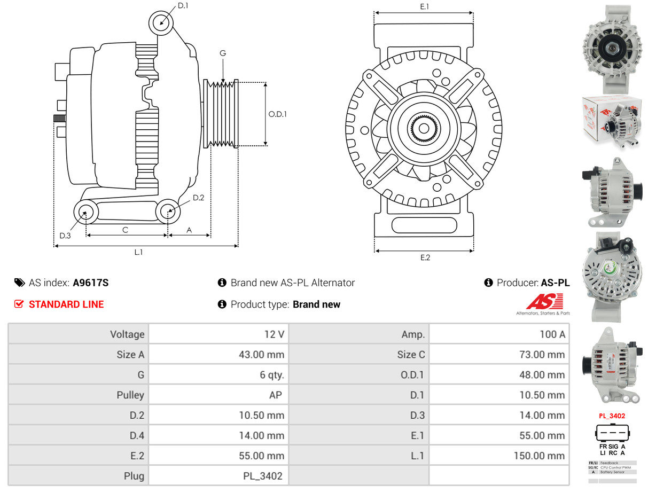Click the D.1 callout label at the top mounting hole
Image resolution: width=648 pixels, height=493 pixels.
click(183, 5)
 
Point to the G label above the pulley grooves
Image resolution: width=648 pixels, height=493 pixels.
click(223, 53)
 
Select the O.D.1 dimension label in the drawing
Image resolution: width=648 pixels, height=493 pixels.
click(277, 114)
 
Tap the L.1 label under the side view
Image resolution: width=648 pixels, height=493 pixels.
click(138, 252)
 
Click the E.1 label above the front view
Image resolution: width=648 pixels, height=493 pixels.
click(425, 6)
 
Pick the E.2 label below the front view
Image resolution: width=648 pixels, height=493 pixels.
click(425, 257)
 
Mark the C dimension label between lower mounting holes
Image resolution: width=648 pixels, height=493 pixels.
click(125, 230)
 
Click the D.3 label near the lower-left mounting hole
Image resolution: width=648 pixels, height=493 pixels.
click(65, 236)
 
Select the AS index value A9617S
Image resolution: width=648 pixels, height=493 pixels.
click(90, 283)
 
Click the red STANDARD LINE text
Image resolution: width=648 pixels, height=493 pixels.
click(66, 304)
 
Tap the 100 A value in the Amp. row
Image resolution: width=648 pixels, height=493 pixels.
click(552, 334)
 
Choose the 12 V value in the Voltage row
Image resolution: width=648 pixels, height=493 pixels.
click(274, 334)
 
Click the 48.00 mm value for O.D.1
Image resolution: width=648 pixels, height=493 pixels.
click(542, 375)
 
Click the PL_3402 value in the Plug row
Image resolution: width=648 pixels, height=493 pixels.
click(264, 476)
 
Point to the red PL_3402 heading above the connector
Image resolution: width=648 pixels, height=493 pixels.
click(612, 416)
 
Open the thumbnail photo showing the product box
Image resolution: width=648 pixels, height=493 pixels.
click(612, 124)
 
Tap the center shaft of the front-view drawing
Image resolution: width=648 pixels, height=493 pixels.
click(424, 128)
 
